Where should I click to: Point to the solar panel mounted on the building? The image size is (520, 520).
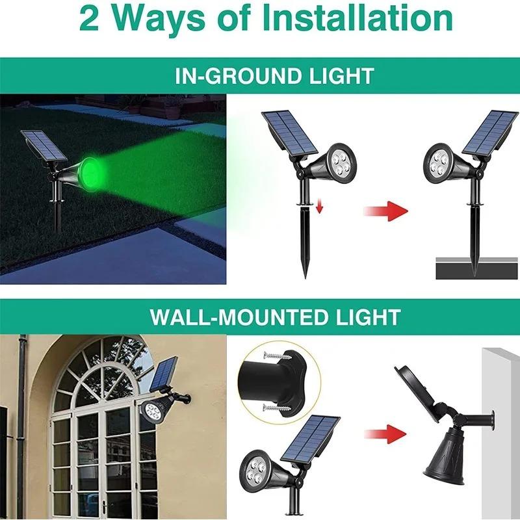[x=165, y=375]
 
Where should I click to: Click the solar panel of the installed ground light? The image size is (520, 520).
[x=491, y=133]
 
